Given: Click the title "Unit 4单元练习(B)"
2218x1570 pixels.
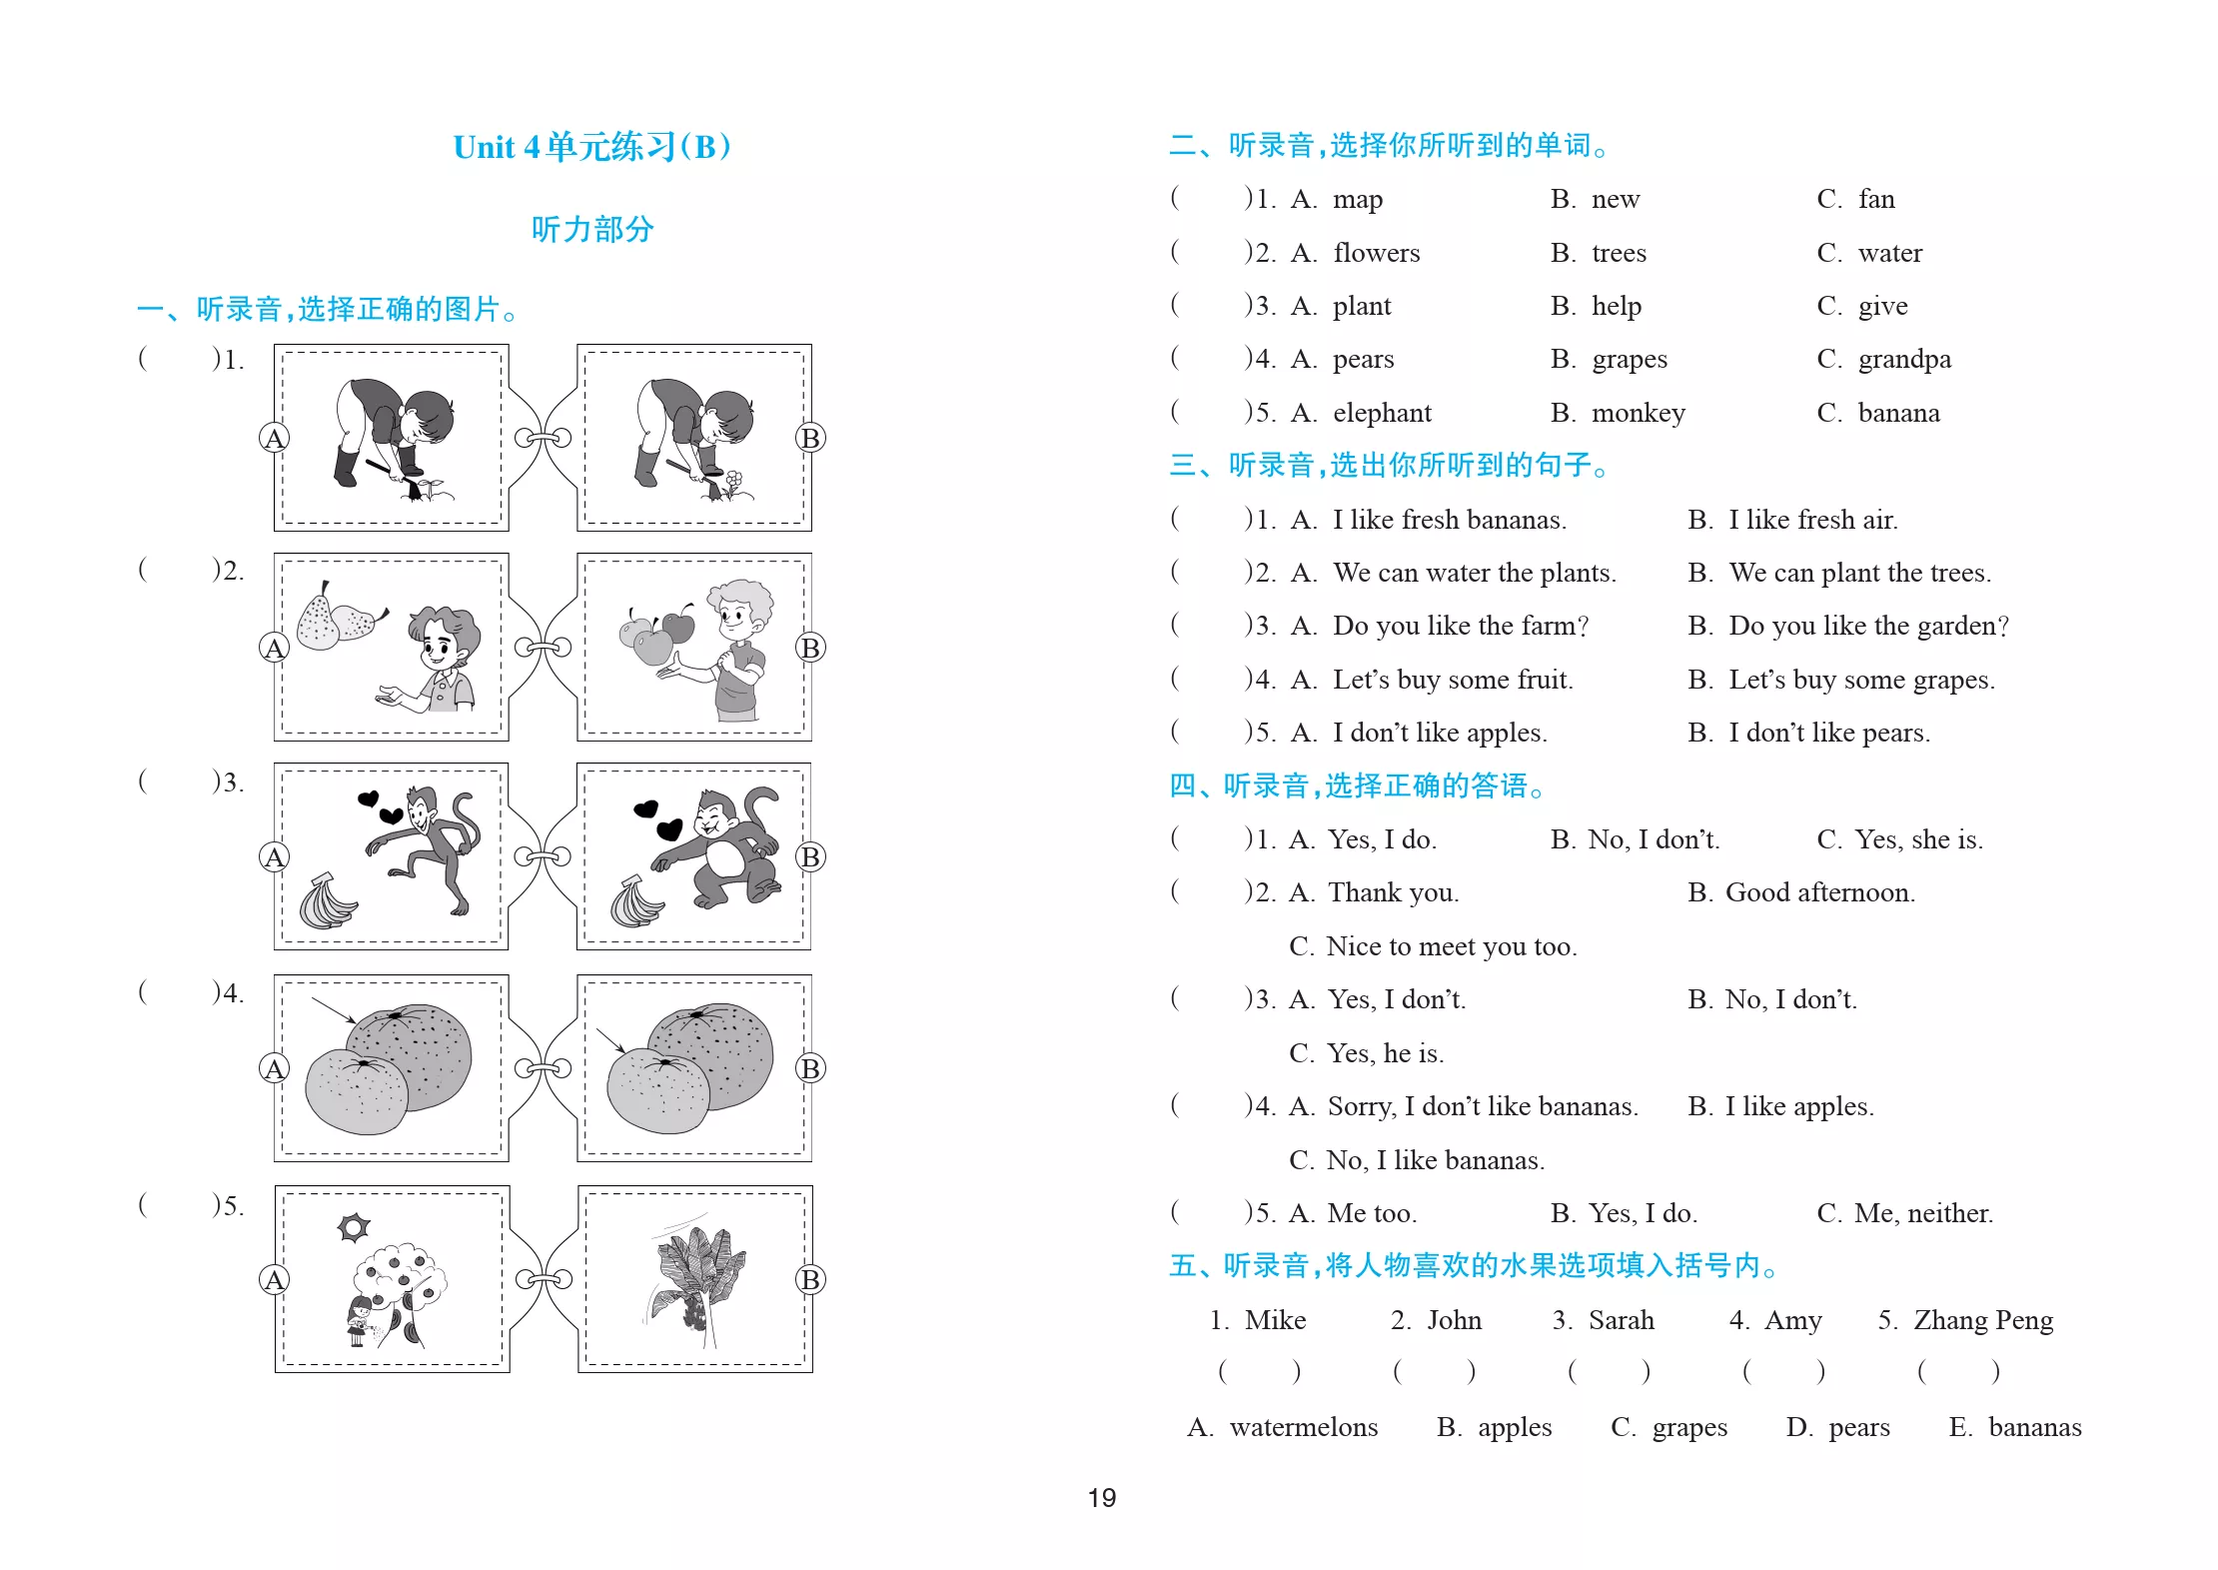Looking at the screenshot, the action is click(591, 147).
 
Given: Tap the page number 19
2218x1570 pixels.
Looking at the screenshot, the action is click(1102, 1497).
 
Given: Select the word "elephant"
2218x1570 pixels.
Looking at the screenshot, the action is click(1382, 413).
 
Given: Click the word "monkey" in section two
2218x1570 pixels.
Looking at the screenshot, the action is click(1639, 414).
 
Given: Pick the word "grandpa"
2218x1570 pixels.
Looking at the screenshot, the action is click(1904, 360).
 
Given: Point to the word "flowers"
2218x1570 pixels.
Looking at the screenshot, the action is click(1376, 253).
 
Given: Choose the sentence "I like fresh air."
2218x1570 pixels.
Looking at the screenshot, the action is click(1813, 520).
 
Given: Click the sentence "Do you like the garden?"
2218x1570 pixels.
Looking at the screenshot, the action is click(1868, 627).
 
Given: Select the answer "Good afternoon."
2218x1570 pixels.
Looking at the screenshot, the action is click(1820, 892).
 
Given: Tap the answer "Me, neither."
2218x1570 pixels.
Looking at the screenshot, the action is click(1923, 1213).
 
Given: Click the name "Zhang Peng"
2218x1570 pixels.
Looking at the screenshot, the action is click(1983, 1321).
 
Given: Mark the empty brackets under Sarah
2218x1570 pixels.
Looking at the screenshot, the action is click(1609, 1371).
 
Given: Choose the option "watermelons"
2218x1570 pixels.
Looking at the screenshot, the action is click(1304, 1427).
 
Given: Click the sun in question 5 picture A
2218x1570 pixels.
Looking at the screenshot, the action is click(354, 1227).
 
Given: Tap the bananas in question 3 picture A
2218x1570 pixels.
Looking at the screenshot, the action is click(328, 901).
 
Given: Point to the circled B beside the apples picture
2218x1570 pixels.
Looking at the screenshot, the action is click(810, 648).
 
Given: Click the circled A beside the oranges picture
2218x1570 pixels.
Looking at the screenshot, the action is click(274, 1068).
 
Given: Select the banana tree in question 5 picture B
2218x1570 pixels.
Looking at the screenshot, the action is click(697, 1281).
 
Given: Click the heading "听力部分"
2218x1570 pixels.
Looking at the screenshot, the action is click(592, 230).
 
